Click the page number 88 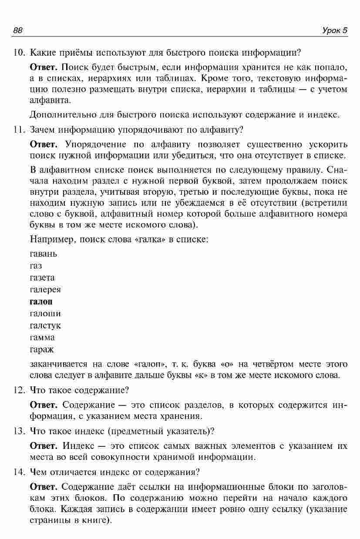tap(18, 30)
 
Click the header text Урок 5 tap(335, 30)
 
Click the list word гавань tap(43, 254)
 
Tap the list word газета tap(42, 278)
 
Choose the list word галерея tap(45, 290)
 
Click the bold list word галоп tap(40, 301)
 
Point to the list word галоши tap(45, 313)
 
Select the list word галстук tap(45, 325)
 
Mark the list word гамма tap(42, 338)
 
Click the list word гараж tap(42, 349)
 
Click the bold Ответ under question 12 tap(43, 405)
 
